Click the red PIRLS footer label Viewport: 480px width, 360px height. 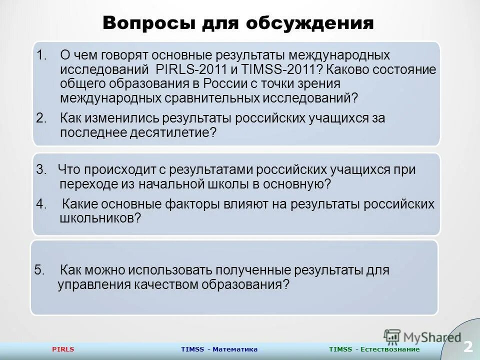pyautogui.click(x=63, y=349)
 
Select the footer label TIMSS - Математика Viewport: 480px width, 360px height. pyautogui.click(x=219, y=349)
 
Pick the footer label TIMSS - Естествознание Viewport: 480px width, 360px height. pyautogui.click(x=374, y=349)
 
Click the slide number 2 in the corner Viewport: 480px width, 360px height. pyautogui.click(x=468, y=346)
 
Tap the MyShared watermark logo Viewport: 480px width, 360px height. pyautogui.click(x=422, y=337)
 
